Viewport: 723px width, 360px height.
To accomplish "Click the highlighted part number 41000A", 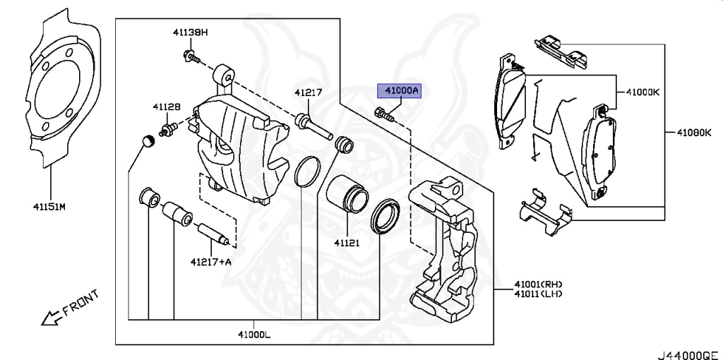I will click(x=400, y=90).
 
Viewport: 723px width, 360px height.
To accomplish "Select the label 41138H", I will click(x=191, y=32).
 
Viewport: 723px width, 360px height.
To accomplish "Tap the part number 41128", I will click(x=166, y=107).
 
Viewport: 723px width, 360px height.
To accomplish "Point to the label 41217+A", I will click(x=210, y=261).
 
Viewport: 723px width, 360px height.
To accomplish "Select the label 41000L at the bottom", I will click(x=253, y=334).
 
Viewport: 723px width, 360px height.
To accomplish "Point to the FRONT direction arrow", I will click(x=51, y=318).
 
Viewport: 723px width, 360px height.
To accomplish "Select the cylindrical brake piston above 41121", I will click(x=347, y=192).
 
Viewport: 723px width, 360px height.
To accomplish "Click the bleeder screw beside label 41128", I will click(x=169, y=129).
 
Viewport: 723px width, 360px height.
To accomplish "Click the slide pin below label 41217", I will click(x=311, y=123).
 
